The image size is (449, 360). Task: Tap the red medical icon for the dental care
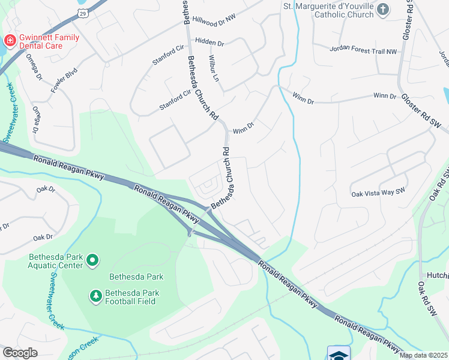click(x=10, y=41)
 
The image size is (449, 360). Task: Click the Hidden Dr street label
click(x=209, y=44)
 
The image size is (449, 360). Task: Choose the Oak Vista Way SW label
click(x=379, y=193)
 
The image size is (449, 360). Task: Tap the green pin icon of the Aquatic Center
click(x=92, y=260)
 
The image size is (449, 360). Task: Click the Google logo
click(x=20, y=353)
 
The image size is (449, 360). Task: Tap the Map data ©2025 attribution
click(x=424, y=355)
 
